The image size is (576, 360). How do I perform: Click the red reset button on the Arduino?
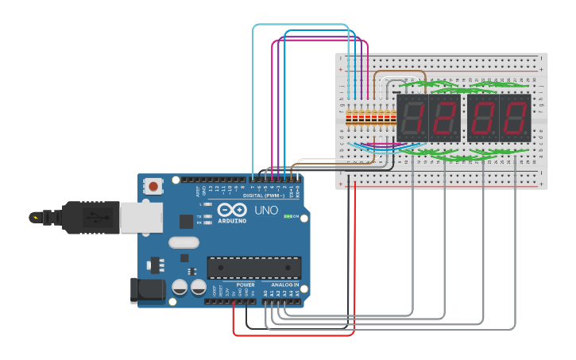coord(153,187)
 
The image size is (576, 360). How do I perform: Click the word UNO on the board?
coord(266,211)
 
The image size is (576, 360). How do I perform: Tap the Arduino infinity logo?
coord(238,211)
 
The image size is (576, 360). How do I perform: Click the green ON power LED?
coord(288,216)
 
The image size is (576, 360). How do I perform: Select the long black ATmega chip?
coord(253,268)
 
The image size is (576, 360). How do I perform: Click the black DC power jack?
coord(147,290)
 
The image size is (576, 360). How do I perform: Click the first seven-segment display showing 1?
coord(412,118)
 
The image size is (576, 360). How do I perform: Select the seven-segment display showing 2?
coord(444,118)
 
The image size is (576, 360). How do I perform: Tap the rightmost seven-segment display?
coord(515,118)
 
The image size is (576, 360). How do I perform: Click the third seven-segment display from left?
coord(482,118)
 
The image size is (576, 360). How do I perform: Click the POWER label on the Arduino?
coord(245,285)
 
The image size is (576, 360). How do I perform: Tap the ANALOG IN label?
coord(285,285)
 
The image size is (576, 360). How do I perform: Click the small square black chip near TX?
coord(186,222)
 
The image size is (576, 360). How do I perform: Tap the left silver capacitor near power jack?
coord(180,287)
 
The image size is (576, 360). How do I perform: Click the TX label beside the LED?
coord(200,216)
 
